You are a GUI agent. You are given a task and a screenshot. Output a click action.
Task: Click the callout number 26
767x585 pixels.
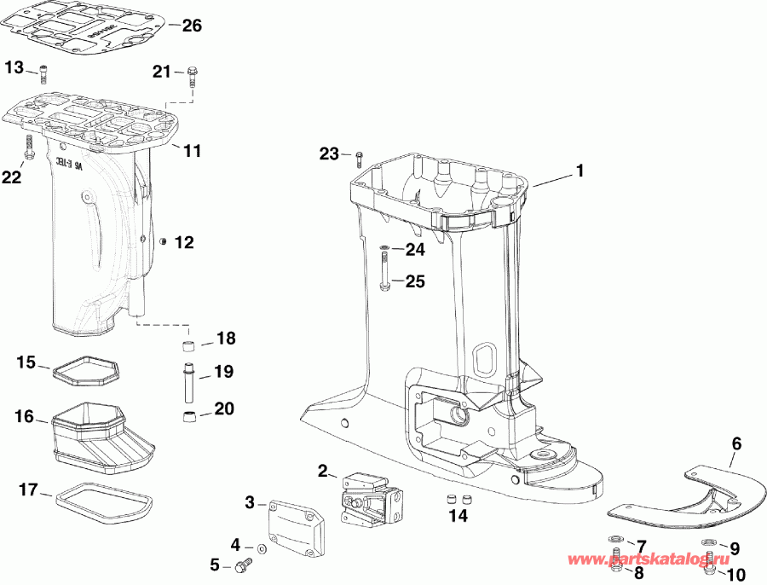pos(192,26)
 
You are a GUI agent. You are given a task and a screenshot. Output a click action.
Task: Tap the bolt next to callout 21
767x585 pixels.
pos(191,76)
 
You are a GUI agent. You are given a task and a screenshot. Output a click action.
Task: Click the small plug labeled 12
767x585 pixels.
pos(162,243)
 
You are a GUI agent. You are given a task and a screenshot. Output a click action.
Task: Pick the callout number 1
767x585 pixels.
pos(580,171)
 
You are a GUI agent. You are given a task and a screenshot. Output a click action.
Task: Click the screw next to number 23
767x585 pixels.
pos(359,157)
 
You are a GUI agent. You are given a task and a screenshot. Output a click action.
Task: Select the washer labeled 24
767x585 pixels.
pos(385,250)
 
